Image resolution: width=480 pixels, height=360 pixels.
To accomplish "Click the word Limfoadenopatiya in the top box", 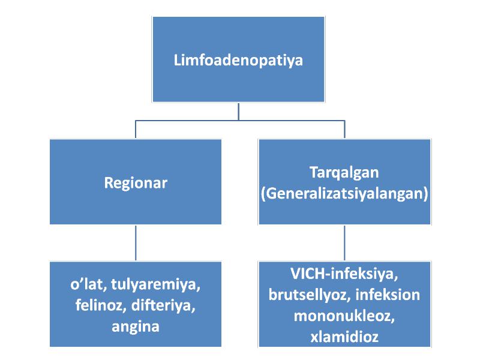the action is (238, 61).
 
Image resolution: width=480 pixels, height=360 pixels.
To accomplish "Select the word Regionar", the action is (136, 183).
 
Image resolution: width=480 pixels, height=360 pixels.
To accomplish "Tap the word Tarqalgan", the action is (344, 172).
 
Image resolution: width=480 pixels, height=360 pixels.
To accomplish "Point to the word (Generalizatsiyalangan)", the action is (344, 193).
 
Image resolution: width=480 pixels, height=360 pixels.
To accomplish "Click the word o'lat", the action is (88, 284).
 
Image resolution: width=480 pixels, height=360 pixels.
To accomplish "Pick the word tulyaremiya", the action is (156, 284).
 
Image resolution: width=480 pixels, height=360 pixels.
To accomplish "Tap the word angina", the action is (136, 326).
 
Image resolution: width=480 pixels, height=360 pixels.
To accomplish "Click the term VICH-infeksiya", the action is (344, 274).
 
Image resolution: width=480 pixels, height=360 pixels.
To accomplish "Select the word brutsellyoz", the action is (310, 295).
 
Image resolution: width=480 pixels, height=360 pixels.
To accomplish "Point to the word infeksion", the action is (388, 295).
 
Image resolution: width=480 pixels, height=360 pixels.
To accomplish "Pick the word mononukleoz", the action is (344, 316).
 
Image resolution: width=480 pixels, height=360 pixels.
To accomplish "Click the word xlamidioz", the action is (344, 337).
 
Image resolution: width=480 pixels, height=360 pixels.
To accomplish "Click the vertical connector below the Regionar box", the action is (136, 243).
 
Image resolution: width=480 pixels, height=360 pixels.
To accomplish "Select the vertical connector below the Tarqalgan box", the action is (344, 243).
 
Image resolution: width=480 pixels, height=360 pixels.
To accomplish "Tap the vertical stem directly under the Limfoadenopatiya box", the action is (238, 112).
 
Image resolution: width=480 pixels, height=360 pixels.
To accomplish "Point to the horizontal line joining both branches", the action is (240, 121).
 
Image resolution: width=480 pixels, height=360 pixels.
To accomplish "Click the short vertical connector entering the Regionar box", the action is (136, 130).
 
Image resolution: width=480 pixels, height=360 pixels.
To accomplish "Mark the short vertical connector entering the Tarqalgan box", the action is (344, 130).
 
